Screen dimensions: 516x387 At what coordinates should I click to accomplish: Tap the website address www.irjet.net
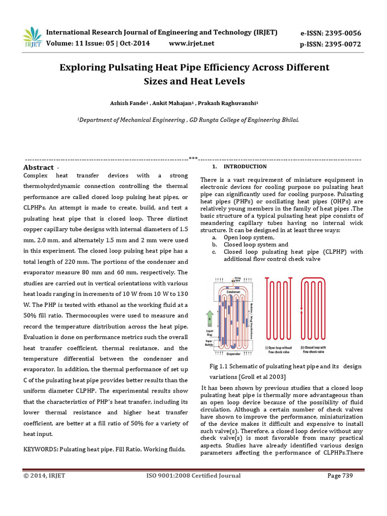[191, 43]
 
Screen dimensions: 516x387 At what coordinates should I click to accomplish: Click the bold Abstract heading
[38, 167]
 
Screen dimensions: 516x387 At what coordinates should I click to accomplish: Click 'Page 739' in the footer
[340, 475]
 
